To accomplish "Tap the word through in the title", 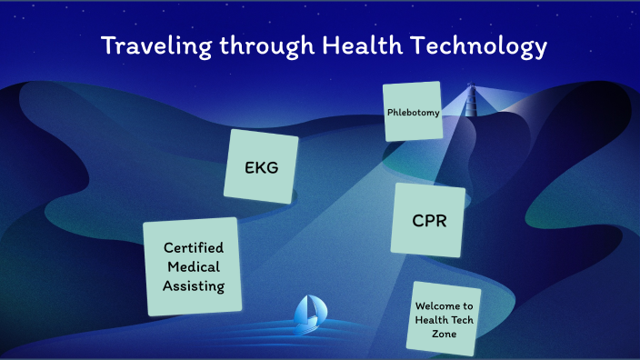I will tap(261, 45).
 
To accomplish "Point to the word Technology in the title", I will tap(475, 46).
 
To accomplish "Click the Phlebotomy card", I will tap(414, 112).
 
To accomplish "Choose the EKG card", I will tap(261, 166).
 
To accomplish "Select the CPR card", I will tap(428, 220).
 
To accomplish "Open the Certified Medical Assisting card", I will tap(192, 267).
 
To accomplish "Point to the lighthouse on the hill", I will tap(471, 101).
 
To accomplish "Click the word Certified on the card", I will tap(194, 247).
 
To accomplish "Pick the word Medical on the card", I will tap(194, 266).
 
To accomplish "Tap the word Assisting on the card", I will tap(194, 285).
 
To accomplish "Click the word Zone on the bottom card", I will tap(444, 334).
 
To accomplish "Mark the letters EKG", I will tap(261, 167).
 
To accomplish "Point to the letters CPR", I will tap(428, 221).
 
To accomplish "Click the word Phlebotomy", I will tap(414, 114).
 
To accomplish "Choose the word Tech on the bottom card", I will tap(458, 320).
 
